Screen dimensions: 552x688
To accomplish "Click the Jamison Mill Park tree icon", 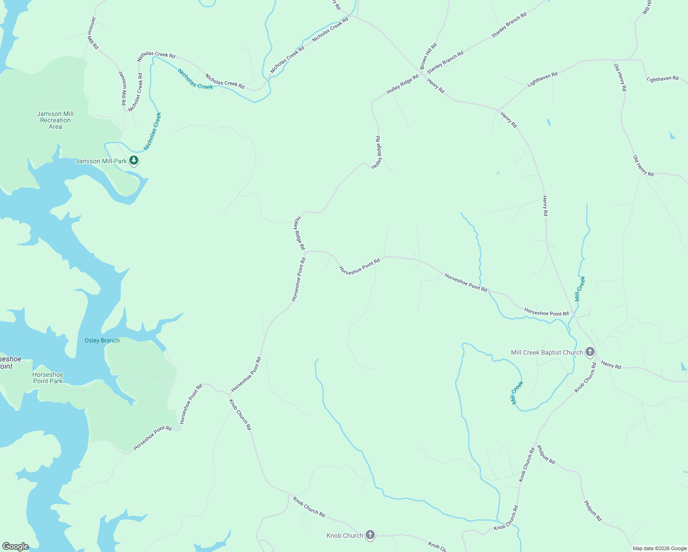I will tap(134, 161).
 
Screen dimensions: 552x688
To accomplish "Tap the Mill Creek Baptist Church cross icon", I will tap(590, 352).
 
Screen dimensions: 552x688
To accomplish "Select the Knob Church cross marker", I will tap(370, 535).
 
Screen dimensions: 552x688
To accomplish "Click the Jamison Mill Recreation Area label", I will tap(55, 120).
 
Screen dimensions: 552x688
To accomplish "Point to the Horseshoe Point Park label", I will tap(48, 378).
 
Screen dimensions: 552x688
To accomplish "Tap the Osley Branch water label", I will tap(102, 340).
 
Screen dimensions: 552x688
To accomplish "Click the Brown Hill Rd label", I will tap(428, 56).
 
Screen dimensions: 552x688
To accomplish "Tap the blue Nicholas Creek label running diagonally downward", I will tap(195, 79).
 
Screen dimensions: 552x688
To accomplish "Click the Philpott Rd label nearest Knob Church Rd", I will tap(546, 454).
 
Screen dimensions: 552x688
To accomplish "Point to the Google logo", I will tap(15, 546).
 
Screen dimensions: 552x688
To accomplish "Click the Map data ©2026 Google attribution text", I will tap(659, 548).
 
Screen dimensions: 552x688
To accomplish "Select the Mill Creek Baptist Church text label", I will tap(547, 352).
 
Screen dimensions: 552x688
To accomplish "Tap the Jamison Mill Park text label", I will tap(101, 161).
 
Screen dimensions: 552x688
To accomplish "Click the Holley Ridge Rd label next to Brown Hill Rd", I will tap(402, 84).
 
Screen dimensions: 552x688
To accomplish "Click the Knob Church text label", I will tap(345, 535).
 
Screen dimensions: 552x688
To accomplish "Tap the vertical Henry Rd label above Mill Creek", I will tap(545, 206).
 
